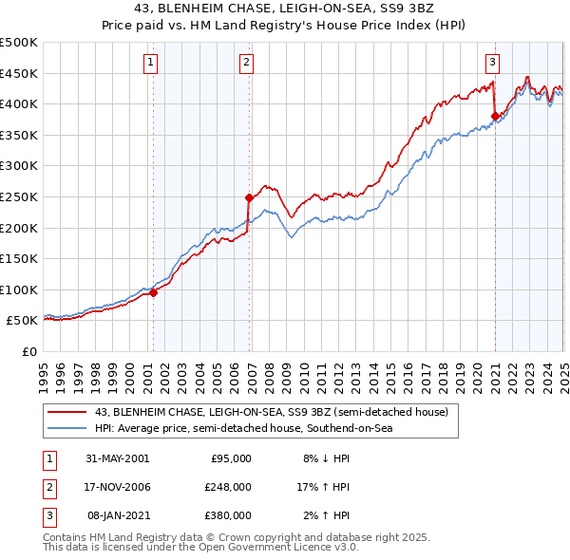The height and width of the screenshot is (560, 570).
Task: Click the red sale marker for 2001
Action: pos(154,292)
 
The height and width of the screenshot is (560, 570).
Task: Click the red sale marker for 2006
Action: pos(249,197)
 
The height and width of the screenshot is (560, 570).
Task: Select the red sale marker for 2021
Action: pos(495,117)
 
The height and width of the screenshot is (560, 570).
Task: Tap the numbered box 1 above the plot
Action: pos(152,64)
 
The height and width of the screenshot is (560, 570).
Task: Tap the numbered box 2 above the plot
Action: pos(246,64)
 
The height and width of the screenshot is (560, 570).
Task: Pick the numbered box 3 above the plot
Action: pos(493,64)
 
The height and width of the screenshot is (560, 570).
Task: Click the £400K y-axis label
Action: pos(19,103)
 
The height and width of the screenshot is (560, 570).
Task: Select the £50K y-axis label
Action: pos(23,321)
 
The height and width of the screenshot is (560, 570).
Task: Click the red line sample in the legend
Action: pos(67,412)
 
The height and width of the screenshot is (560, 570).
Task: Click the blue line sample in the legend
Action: pos(67,428)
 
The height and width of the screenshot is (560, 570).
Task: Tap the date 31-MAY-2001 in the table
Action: pos(118,458)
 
